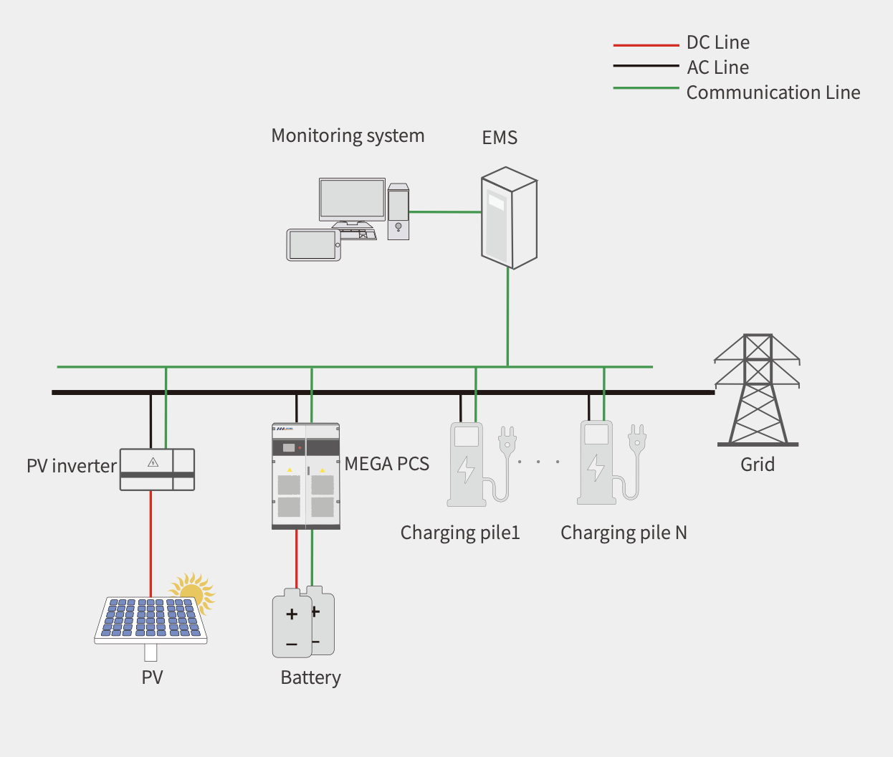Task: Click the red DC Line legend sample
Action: tap(646, 45)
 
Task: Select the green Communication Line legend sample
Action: tap(646, 88)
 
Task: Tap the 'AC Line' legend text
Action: tap(717, 67)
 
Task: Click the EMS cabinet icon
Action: tap(508, 218)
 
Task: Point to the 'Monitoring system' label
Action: tap(348, 135)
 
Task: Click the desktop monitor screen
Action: tap(352, 199)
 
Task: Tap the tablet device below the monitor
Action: tap(313, 245)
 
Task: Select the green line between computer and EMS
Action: tap(444, 211)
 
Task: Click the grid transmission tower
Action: tap(758, 391)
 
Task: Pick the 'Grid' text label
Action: tap(758, 465)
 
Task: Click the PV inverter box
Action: tap(157, 470)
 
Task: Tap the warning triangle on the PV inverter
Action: tap(153, 462)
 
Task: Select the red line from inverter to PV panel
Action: tap(151, 545)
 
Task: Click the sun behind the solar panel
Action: tap(194, 589)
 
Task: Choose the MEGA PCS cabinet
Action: tap(306, 477)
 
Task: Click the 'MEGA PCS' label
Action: tap(387, 464)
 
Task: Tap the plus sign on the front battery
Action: tap(292, 614)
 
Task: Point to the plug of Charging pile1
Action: tap(507, 439)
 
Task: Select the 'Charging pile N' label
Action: tap(624, 533)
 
